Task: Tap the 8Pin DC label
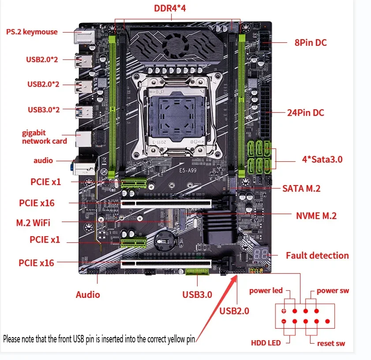tap(310, 43)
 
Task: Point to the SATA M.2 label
tap(301, 189)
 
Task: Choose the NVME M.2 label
tap(316, 215)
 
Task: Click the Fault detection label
tap(317, 256)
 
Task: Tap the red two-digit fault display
tap(260, 255)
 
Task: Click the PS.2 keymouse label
tap(31, 32)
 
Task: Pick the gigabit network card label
tap(44, 137)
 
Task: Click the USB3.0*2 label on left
tap(43, 109)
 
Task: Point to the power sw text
tap(333, 290)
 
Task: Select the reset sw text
tap(331, 343)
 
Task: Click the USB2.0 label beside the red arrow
tap(234, 311)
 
